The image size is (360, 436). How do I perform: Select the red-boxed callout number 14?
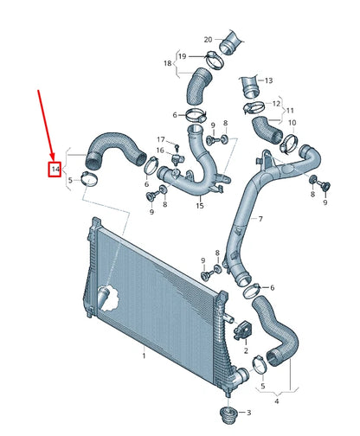click(x=55, y=169)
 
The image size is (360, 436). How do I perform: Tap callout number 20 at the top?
click(x=208, y=40)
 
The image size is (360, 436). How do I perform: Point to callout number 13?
click(x=268, y=79)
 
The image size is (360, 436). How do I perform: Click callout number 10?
click(x=291, y=123)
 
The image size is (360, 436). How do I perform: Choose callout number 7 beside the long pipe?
click(x=259, y=219)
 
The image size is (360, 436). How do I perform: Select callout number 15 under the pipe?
click(x=200, y=206)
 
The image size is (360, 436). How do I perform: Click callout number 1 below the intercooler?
click(x=144, y=356)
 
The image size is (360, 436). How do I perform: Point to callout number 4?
click(x=276, y=401)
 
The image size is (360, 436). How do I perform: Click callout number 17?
click(x=160, y=139)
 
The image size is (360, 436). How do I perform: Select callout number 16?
click(x=160, y=151)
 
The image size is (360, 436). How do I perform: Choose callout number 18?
click(x=167, y=63)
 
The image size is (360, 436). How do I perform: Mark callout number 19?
click(x=182, y=57)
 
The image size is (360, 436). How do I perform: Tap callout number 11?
click(x=291, y=111)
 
